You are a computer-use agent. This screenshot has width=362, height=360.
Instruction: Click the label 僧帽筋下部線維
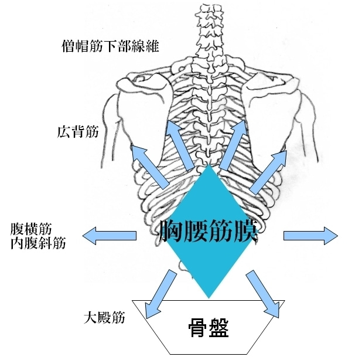coord(110,46)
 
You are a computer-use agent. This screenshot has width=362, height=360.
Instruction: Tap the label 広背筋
coord(77,132)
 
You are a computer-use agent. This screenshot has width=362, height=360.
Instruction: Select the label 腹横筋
coord(31,229)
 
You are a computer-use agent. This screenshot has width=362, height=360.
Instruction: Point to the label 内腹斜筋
coord(38,243)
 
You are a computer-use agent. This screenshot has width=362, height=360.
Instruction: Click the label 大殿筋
coord(104,317)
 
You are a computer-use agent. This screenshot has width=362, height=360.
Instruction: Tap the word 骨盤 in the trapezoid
coord(209,328)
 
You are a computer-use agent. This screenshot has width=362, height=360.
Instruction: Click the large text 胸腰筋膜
coord(209,231)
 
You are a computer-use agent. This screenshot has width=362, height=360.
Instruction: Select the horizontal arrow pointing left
coord(110,236)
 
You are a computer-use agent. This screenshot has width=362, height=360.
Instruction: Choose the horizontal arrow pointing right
coord(310,236)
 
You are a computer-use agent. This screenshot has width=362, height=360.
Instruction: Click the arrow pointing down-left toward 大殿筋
coord(160,292)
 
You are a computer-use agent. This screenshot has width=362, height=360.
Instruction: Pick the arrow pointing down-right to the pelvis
coord(263,294)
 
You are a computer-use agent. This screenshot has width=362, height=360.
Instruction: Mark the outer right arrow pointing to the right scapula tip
coord(268,172)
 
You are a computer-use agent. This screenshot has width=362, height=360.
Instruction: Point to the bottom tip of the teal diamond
coord(209,298)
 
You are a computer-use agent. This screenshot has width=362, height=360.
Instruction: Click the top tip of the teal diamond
coord(210,165)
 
